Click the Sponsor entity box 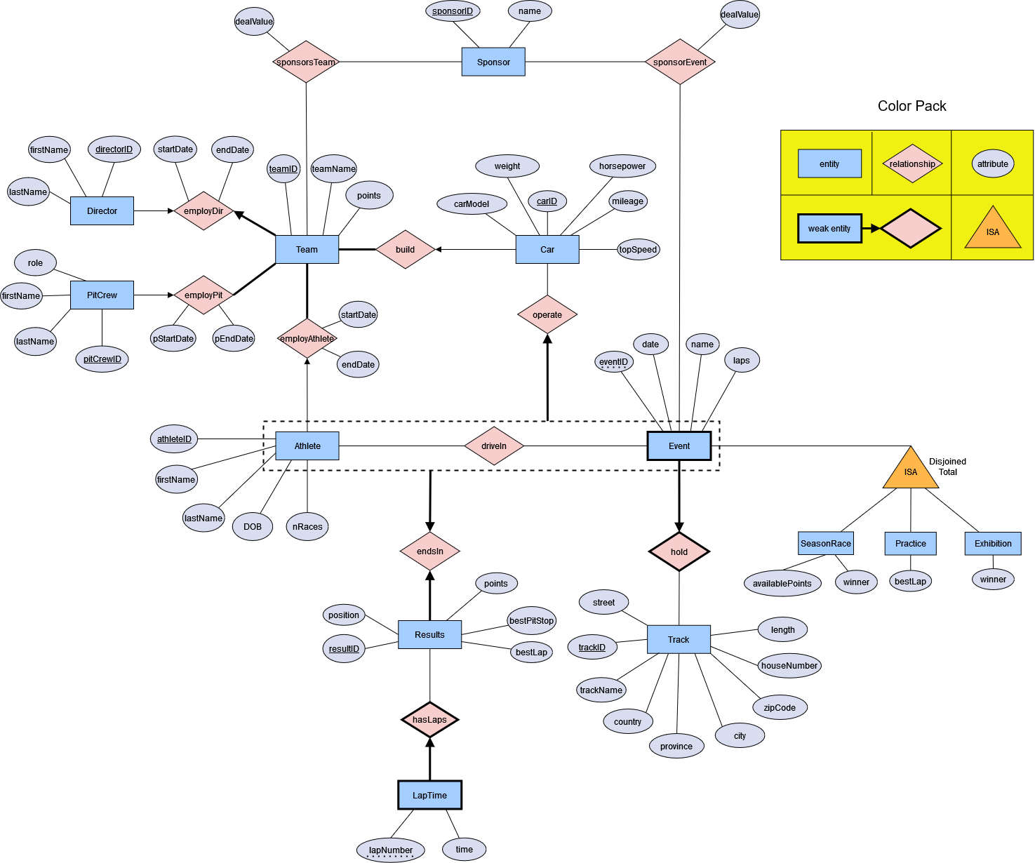click(x=493, y=62)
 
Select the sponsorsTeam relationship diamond click(x=306, y=62)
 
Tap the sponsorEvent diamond click(x=680, y=62)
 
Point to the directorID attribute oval click(x=114, y=149)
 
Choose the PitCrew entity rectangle click(x=102, y=295)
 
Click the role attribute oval click(x=35, y=263)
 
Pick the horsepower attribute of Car click(x=622, y=166)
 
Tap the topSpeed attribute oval click(x=639, y=250)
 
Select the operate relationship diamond click(x=547, y=315)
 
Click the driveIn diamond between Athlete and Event click(x=494, y=446)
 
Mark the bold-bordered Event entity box click(x=679, y=446)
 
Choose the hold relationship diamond click(x=679, y=552)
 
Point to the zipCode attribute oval click(x=780, y=707)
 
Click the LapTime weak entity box click(x=429, y=795)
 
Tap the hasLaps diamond click(x=429, y=720)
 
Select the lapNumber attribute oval click(x=391, y=850)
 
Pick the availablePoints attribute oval click(x=782, y=584)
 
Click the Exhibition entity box click(x=993, y=544)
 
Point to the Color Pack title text click(x=912, y=106)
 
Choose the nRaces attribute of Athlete click(x=307, y=527)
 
